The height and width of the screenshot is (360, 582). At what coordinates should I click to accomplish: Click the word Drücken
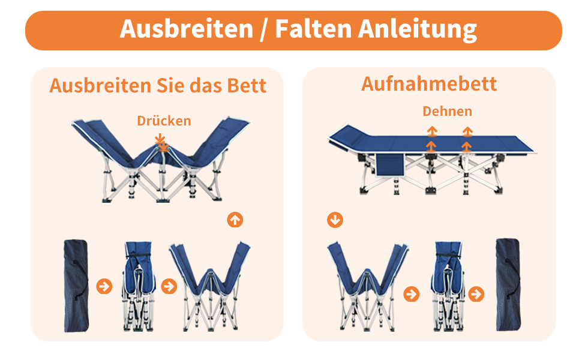tap(164, 121)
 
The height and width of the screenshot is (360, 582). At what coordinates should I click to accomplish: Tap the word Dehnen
tap(447, 111)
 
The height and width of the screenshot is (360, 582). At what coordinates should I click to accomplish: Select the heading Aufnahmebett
tap(429, 83)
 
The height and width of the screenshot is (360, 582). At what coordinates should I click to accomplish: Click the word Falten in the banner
tap(313, 29)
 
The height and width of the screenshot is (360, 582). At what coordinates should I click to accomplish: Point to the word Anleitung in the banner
tap(417, 29)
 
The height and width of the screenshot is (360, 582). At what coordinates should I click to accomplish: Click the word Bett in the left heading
tap(247, 86)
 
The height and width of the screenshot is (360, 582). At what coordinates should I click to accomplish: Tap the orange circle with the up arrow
tap(235, 220)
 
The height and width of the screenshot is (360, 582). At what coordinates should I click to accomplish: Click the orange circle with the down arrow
tap(335, 220)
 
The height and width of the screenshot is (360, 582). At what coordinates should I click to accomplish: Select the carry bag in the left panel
tap(76, 286)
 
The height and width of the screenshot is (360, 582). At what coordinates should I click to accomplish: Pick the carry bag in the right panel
tap(508, 284)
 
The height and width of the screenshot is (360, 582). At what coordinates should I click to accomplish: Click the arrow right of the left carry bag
tap(104, 286)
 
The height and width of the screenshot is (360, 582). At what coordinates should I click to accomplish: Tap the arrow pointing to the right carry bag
tap(476, 294)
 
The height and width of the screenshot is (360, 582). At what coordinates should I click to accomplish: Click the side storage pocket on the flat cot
tap(389, 165)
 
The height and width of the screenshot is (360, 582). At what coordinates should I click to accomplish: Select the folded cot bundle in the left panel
tap(139, 286)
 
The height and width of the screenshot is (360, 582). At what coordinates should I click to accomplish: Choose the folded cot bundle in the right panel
tap(448, 286)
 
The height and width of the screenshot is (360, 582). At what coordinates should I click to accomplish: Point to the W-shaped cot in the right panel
tap(368, 286)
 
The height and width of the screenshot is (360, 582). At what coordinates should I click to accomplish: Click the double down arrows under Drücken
tap(162, 143)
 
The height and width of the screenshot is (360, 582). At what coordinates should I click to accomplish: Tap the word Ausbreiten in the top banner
tap(187, 29)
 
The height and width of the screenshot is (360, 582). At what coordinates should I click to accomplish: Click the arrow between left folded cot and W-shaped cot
tap(169, 286)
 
